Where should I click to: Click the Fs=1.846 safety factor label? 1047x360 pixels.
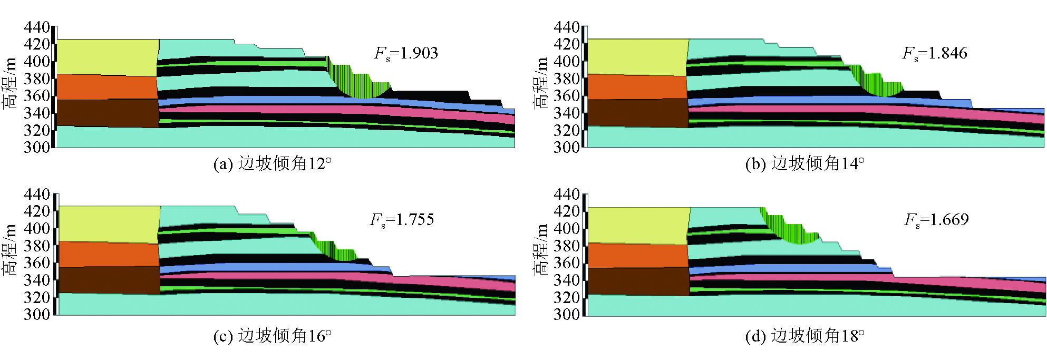tap(935, 54)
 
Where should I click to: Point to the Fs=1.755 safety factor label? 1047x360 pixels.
tap(402, 220)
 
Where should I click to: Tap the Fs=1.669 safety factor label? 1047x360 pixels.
tap(936, 220)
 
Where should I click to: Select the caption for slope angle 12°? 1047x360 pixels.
tap(273, 164)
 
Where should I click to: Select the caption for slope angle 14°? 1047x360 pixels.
tap(805, 164)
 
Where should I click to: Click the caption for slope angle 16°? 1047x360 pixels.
tap(273, 336)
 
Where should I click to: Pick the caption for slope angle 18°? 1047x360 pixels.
tap(805, 336)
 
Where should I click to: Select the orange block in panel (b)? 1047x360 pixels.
tap(636, 86)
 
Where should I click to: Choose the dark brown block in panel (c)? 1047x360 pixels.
tap(108, 280)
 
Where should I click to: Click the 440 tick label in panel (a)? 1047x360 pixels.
tap(37, 27)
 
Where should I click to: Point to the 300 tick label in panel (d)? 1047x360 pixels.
tap(567, 315)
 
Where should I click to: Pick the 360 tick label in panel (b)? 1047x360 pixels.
tap(567, 96)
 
